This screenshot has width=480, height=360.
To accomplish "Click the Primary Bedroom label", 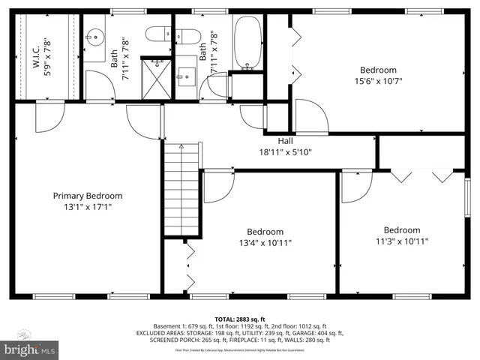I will click(87, 196).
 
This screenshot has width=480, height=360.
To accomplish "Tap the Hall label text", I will click(285, 140).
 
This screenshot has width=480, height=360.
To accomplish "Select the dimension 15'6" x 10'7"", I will click(379, 81).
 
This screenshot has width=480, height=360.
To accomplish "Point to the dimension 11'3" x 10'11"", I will click(402, 241).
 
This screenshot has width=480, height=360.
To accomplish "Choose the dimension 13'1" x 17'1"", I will click(87, 207).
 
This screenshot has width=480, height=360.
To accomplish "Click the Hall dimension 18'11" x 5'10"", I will click(285, 151).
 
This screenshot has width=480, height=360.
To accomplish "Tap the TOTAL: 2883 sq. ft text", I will click(240, 319).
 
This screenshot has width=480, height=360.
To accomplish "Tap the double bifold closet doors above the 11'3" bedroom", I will click(422, 177).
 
